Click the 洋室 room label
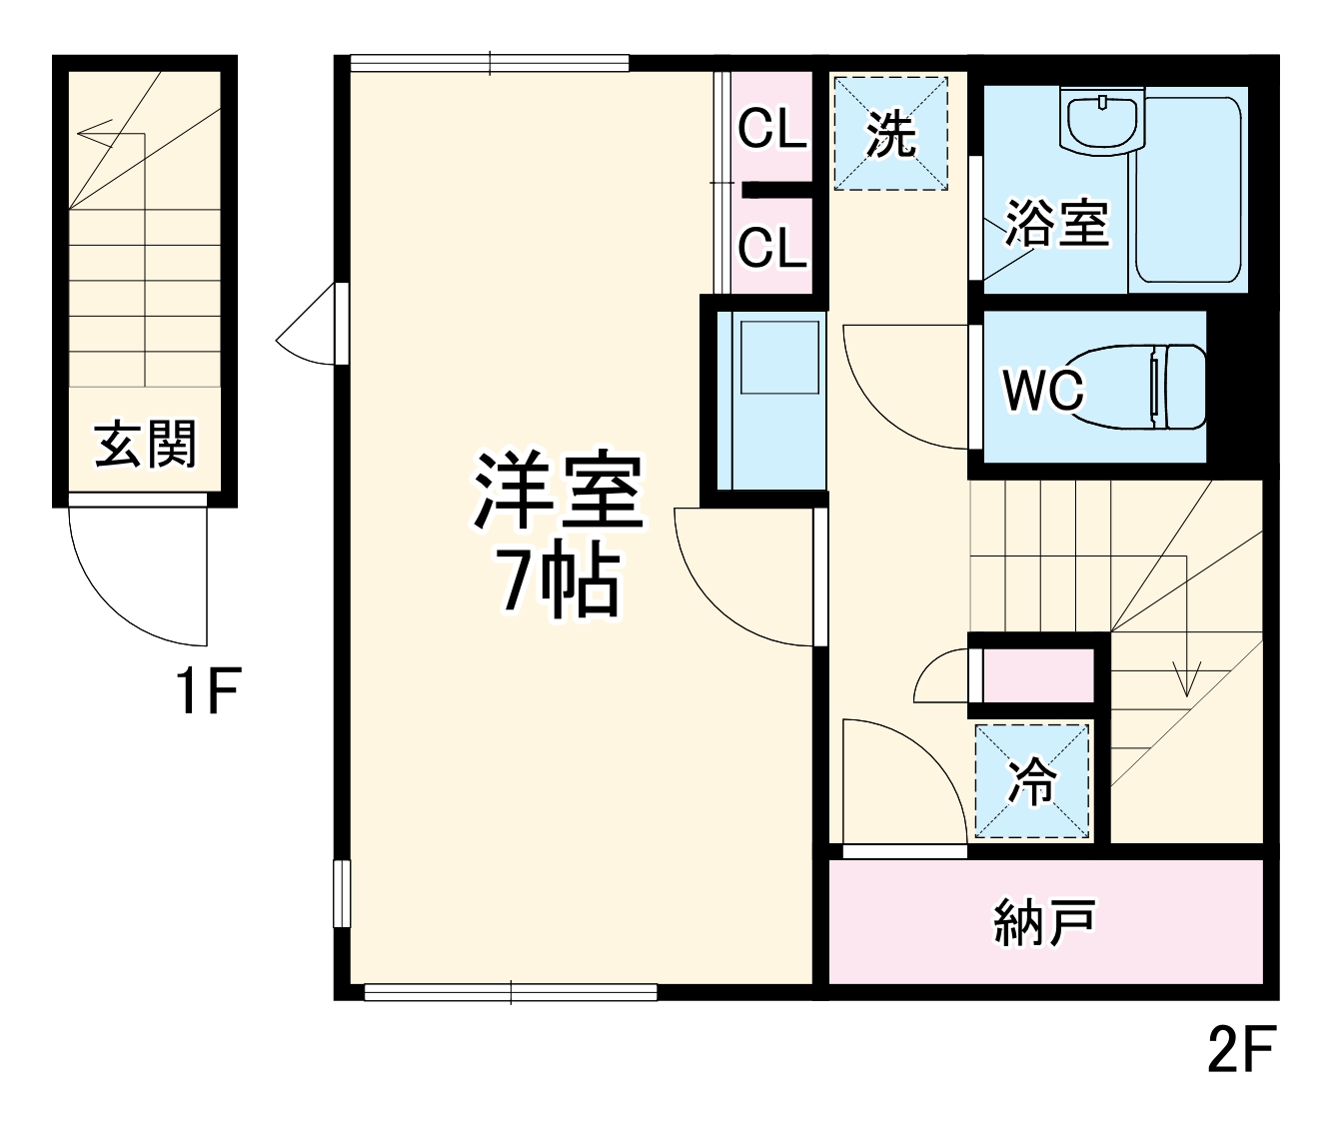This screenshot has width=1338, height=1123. [x=558, y=492]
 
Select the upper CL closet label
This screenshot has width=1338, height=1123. [x=771, y=130]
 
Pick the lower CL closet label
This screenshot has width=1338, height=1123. [x=771, y=246]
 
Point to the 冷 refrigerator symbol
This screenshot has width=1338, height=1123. [x=1032, y=781]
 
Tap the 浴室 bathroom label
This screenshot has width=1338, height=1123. [x=1057, y=222]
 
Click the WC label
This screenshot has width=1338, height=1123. [x=1042, y=390]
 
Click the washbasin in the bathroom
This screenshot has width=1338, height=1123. [x=1103, y=122]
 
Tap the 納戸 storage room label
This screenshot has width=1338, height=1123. [x=1045, y=921]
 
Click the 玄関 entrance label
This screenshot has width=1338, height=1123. [x=146, y=444]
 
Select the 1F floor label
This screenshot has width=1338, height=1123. [x=206, y=692]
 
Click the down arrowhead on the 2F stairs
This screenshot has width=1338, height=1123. [x=1186, y=685]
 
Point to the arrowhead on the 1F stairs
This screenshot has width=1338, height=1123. [x=84, y=132]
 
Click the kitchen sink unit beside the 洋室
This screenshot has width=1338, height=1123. [x=775, y=400]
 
